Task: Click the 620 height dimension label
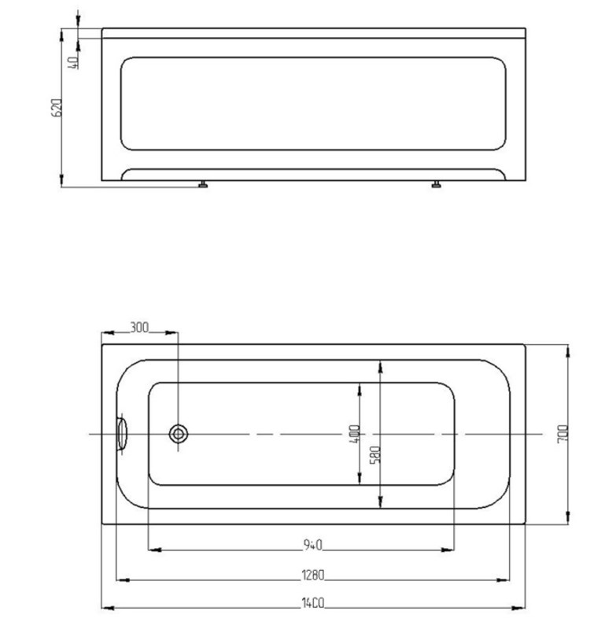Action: [x=57, y=107]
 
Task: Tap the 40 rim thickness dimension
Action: [x=73, y=62]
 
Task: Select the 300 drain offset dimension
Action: [x=139, y=328]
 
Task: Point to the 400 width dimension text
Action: [x=355, y=434]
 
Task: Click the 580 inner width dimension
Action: [x=375, y=454]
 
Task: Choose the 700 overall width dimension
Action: [x=563, y=434]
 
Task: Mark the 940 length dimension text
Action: [x=313, y=546]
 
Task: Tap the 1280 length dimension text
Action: [x=313, y=575]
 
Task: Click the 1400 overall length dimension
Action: [x=313, y=603]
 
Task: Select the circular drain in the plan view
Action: [x=179, y=434]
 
